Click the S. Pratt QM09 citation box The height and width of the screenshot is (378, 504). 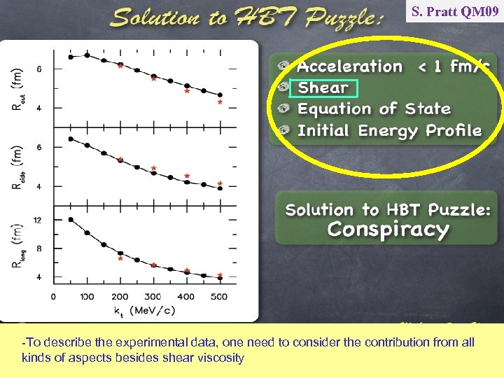tap(454, 11)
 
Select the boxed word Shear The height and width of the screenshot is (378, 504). tap(323, 88)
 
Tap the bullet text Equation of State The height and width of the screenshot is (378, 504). tap(374, 109)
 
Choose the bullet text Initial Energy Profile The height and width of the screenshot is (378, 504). tap(389, 131)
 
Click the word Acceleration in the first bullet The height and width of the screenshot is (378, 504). tap(350, 66)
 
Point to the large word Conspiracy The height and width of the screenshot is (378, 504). tap(388, 230)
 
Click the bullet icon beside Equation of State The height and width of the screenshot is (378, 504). tap(283, 109)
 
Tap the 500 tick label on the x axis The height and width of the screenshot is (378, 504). tap(220, 297)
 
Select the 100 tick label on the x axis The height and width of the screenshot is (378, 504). tap(87, 297)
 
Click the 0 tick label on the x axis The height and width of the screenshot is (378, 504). tap(54, 297)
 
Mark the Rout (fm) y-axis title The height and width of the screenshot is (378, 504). tap(17, 87)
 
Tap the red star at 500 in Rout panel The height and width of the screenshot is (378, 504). tap(220, 101)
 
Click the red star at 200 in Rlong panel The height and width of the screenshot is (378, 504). tap(120, 258)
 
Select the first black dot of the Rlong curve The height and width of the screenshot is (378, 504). tap(71, 219)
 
